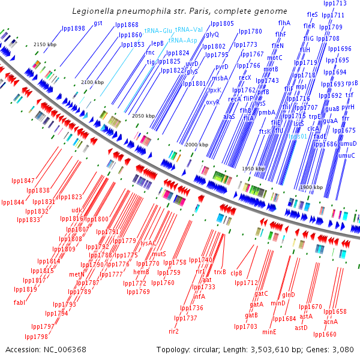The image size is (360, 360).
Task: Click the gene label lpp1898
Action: point(73,28)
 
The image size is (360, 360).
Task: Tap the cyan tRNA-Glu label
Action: point(158,30)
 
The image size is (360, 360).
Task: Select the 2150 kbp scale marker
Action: point(45,45)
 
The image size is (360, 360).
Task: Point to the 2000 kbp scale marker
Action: point(196,145)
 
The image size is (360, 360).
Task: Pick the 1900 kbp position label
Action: point(311,188)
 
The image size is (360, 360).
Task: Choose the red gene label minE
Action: point(269,331)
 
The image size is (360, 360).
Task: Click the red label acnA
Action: point(331,322)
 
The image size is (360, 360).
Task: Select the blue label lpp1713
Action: point(334,3)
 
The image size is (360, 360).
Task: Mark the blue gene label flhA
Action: point(284,23)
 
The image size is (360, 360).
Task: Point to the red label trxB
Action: point(220,271)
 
